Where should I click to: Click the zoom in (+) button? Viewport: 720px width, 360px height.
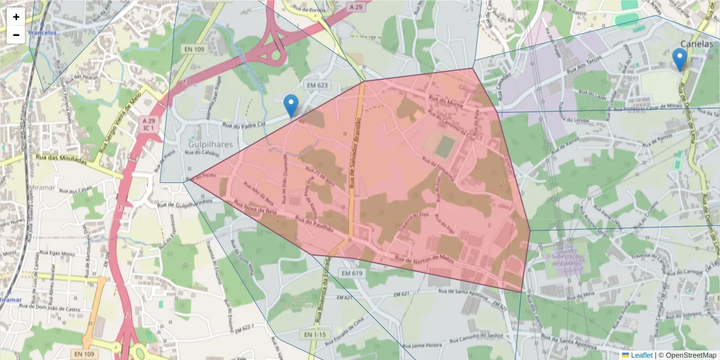coord(16,16)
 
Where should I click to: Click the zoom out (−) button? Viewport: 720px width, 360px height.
coord(16,35)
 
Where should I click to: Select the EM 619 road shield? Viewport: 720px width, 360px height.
coord(353,273)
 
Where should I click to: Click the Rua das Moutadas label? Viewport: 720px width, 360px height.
coord(60,160)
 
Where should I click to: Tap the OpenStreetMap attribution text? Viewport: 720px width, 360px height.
coord(687,355)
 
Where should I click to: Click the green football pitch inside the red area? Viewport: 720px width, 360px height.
coord(445,145)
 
